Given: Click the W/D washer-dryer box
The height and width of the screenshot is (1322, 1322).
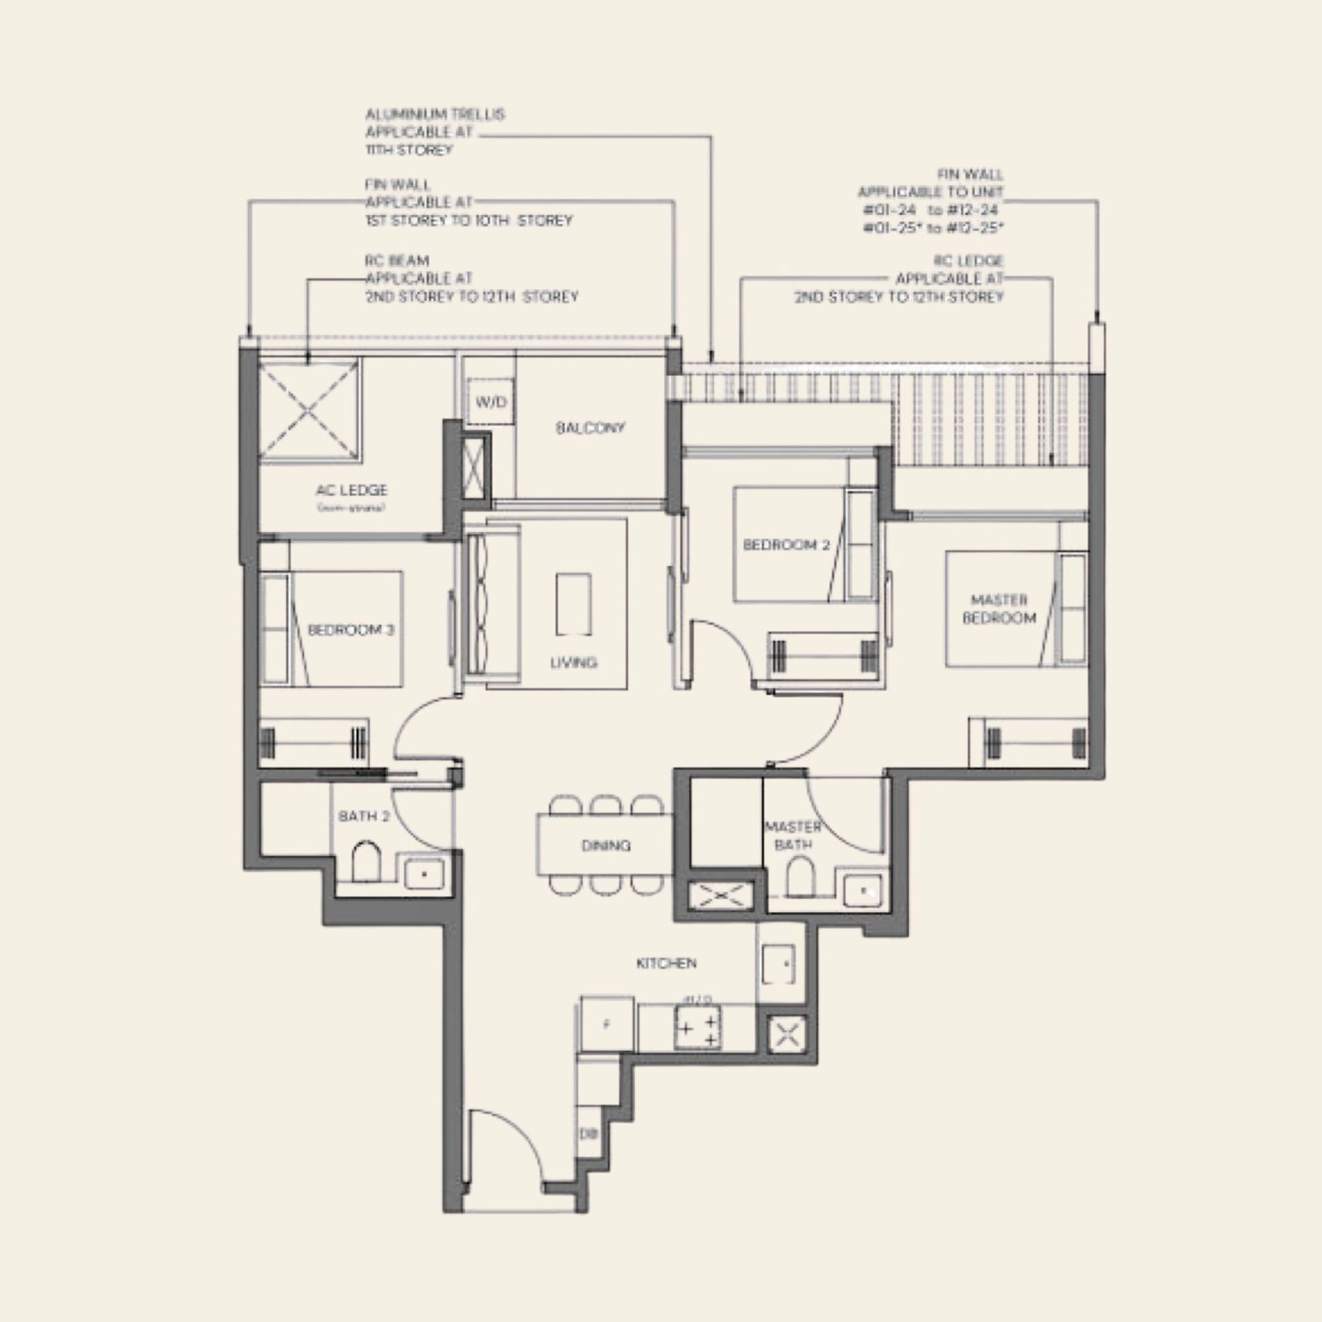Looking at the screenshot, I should pyautogui.click(x=491, y=402).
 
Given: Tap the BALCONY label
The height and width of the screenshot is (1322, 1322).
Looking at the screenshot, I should pyautogui.click(x=590, y=428).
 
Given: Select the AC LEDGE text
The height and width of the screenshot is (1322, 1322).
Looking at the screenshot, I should pyautogui.click(x=351, y=491).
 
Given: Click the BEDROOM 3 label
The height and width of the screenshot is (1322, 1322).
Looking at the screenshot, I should pyautogui.click(x=350, y=630).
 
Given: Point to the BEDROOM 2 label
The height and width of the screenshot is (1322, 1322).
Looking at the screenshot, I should pyautogui.click(x=786, y=545).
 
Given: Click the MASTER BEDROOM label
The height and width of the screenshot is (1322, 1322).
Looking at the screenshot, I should pyautogui.click(x=999, y=609).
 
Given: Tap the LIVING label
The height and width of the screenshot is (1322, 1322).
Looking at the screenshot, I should pyautogui.click(x=573, y=663).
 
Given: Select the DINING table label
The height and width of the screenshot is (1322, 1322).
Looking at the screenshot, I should pyautogui.click(x=606, y=845).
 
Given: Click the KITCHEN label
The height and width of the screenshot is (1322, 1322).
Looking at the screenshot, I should pyautogui.click(x=666, y=963).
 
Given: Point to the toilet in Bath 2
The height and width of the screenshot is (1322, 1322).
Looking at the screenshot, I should pyautogui.click(x=366, y=862).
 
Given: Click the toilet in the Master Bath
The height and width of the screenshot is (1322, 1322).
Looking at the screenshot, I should pyautogui.click(x=799, y=876).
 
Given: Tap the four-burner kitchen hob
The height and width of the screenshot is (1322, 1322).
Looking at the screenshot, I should pyautogui.click(x=698, y=1028).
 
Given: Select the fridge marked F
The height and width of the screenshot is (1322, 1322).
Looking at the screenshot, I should pyautogui.click(x=607, y=1025).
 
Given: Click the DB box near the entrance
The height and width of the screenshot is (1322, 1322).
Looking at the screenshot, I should pyautogui.click(x=587, y=1134).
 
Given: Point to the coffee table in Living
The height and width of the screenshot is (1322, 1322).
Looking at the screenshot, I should pyautogui.click(x=573, y=604).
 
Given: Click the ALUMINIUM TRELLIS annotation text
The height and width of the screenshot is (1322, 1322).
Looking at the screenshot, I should pyautogui.click(x=435, y=132).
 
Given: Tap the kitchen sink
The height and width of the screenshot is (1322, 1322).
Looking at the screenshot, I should pyautogui.click(x=779, y=963).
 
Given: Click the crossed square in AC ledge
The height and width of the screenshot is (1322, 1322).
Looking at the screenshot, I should pyautogui.click(x=309, y=409).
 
